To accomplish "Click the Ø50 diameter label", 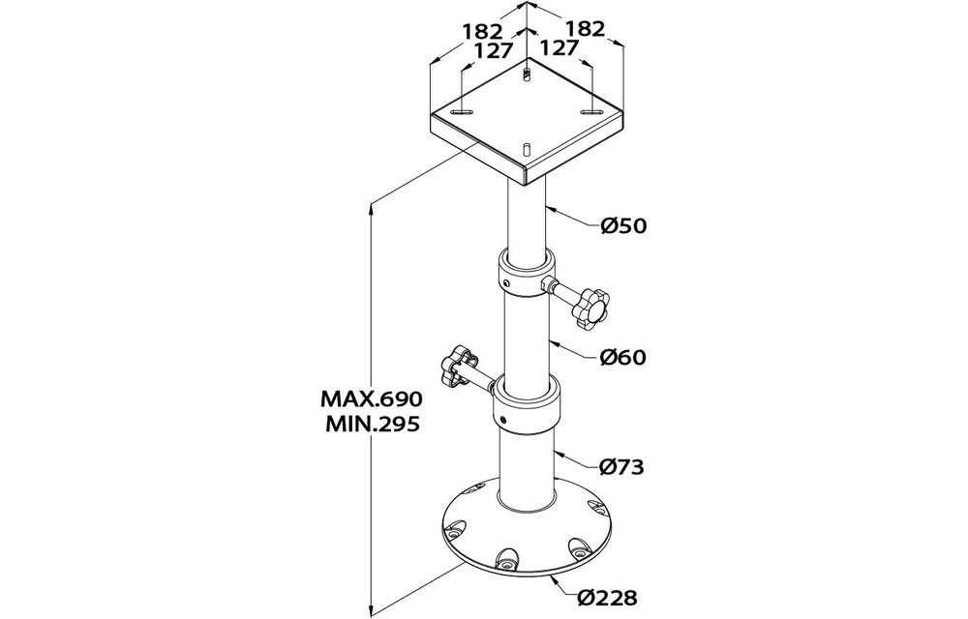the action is point(623,226).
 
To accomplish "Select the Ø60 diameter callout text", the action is point(623,357).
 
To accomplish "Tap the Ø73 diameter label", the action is point(621,467).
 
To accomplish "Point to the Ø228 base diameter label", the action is point(608,597).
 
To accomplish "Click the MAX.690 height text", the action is point(371,398).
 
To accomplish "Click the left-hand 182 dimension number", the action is point(483,31).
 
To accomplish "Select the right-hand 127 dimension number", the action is point(560,47).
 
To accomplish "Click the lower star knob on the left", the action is point(459,364).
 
